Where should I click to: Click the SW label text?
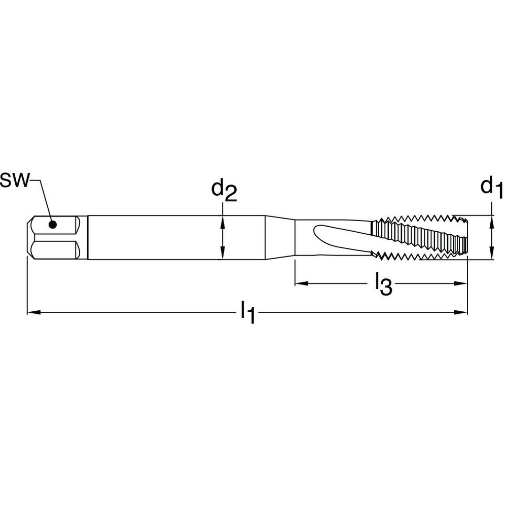(15, 181)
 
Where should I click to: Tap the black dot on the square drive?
(52, 224)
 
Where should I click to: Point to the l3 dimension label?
(383, 284)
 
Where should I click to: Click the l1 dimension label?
(247, 312)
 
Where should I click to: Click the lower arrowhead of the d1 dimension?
(491, 256)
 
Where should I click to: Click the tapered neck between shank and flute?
(280, 238)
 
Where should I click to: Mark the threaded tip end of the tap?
(463, 237)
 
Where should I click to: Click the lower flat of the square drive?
(53, 249)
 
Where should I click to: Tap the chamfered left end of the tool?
(29, 237)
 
